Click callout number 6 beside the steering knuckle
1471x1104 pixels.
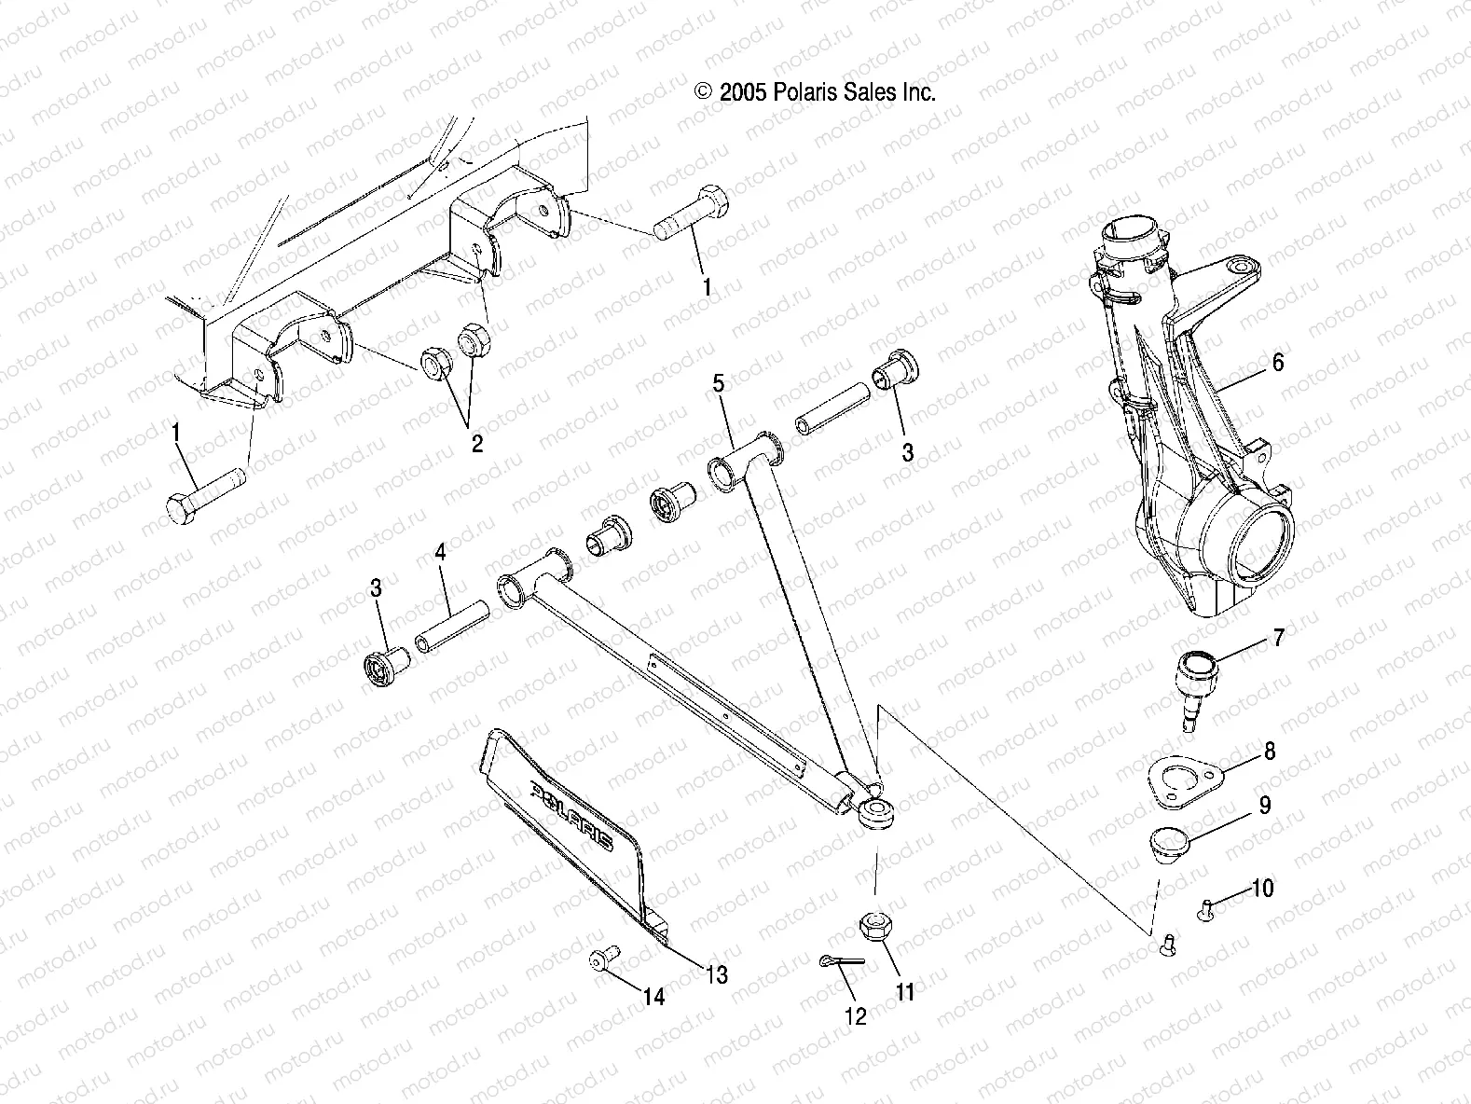1277,362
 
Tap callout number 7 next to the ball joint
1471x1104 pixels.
1277,638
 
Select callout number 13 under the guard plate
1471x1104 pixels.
716,974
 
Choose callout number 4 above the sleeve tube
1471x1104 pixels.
440,553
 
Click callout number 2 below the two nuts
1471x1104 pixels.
476,443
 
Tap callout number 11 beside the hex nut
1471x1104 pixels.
904,992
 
